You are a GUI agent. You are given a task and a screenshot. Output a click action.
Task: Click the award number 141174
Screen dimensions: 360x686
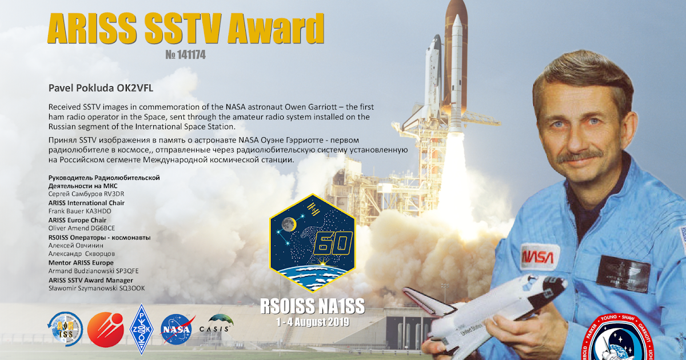tap(185, 55)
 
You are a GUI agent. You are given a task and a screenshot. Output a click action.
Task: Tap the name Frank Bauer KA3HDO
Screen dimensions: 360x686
tap(80, 211)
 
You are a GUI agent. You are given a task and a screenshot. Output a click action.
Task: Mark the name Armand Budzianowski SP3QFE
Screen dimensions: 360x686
tap(85, 271)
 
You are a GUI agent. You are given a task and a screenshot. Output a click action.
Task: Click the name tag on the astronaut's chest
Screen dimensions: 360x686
tap(623, 272)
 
